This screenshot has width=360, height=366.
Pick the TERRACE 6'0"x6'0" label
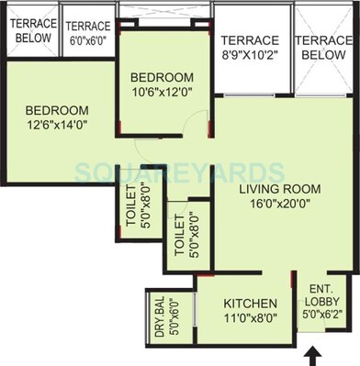pos(88,33)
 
